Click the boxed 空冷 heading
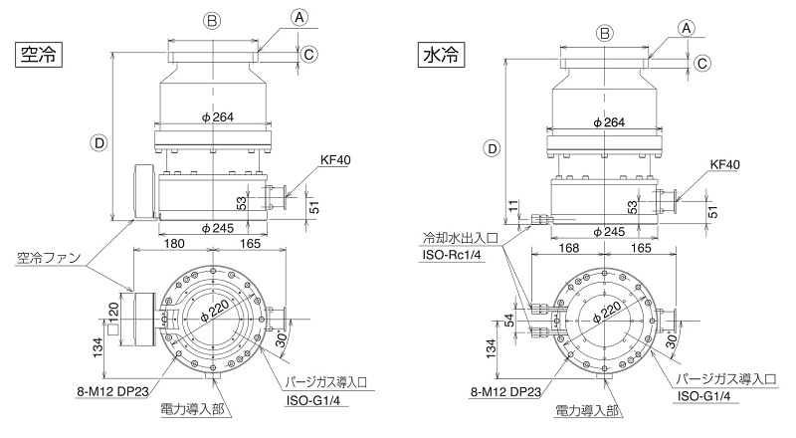pyautogui.click(x=39, y=55)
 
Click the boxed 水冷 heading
pyautogui.click(x=441, y=55)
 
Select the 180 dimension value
pyautogui.click(x=174, y=244)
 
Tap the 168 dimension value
pyautogui.click(x=568, y=248)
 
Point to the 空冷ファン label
pyautogui.click(x=49, y=258)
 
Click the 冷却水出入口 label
pyautogui.click(x=461, y=237)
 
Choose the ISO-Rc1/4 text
pyautogui.click(x=452, y=254)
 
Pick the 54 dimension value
pyautogui.click(x=509, y=321)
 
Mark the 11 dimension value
pyautogui.click(x=513, y=206)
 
